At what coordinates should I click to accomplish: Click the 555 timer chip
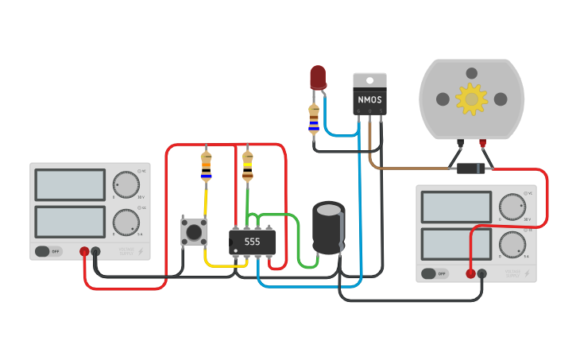[252, 242]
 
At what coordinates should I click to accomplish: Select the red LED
[318, 77]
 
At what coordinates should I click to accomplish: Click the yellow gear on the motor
[471, 99]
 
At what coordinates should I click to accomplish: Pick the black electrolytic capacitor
[328, 228]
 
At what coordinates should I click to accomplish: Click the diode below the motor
[471, 168]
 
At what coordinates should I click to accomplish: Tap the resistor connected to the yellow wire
[207, 165]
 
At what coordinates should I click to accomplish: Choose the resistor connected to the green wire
[248, 165]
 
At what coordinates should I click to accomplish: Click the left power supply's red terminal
[84, 252]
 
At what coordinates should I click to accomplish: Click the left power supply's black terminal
[96, 252]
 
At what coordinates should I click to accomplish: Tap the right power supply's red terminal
[470, 274]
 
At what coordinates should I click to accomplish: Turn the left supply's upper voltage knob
[125, 184]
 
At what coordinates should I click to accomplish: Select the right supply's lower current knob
[512, 243]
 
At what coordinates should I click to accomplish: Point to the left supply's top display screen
[70, 185]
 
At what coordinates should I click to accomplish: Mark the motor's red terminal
[482, 143]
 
